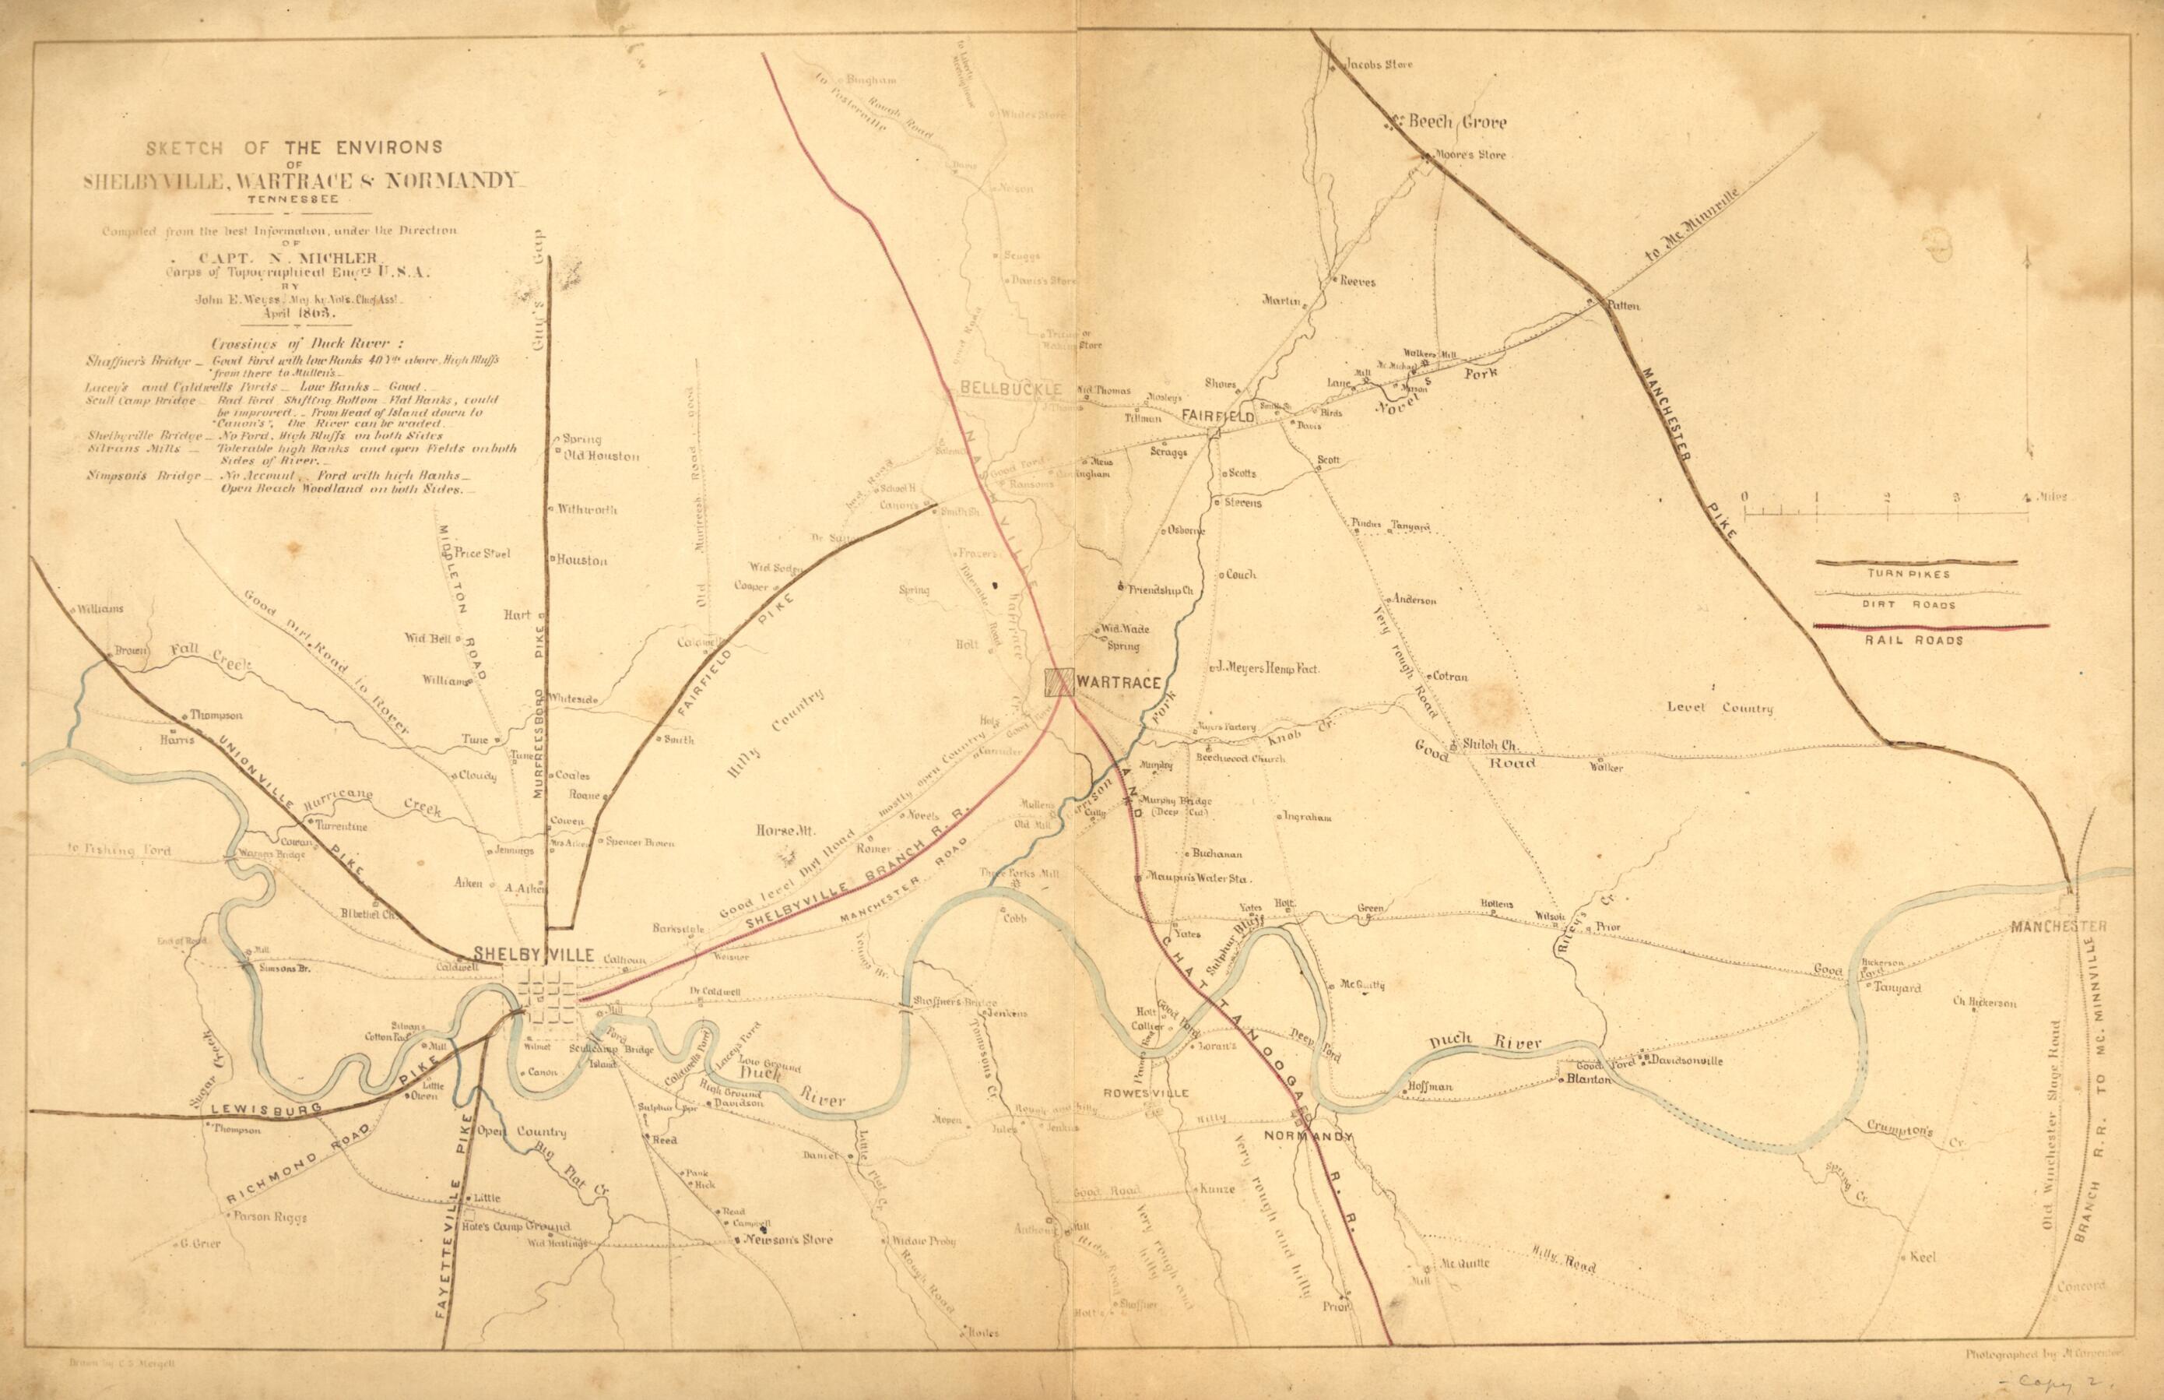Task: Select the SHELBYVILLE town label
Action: [x=532, y=955]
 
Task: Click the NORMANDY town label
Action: [x=1309, y=1138]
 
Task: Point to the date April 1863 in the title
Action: [x=295, y=311]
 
